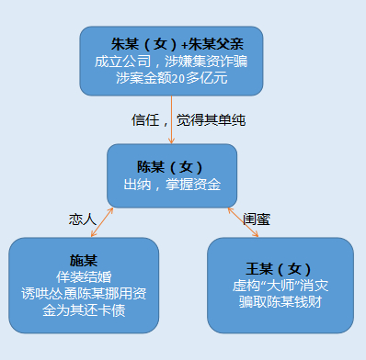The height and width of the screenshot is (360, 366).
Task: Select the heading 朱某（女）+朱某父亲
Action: [x=171, y=43]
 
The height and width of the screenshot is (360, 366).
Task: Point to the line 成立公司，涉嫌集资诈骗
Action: [x=171, y=61]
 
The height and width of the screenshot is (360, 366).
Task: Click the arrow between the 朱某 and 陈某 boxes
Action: [x=172, y=119]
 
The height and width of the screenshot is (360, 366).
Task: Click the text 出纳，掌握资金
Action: [x=172, y=185]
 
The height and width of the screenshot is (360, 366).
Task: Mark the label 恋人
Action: [x=82, y=219]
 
